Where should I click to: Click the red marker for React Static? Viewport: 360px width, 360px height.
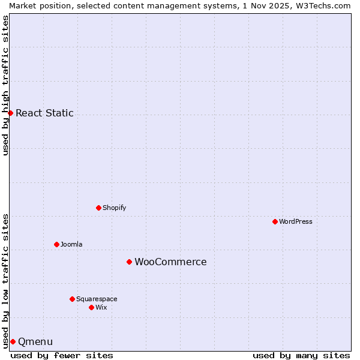10,113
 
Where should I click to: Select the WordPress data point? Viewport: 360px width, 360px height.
275,221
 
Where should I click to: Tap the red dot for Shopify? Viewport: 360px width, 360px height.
98,208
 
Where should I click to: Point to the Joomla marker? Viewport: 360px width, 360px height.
56,244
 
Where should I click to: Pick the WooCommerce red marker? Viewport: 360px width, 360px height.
129,262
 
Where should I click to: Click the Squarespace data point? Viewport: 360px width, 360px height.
72,299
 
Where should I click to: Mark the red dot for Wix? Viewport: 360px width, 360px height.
91,307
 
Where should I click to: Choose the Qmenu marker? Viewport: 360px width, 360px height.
13,341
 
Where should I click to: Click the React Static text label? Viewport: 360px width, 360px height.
44,113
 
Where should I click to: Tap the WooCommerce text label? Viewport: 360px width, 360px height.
170,262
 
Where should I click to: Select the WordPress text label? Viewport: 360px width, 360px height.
296,221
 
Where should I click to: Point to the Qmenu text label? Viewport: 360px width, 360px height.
35,341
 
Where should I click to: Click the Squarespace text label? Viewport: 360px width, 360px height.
97,299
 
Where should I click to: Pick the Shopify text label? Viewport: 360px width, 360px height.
114,208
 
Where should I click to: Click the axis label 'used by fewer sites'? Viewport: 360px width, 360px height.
62,355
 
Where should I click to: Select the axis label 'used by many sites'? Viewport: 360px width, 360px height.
301,355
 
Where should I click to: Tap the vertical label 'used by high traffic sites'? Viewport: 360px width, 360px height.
5,85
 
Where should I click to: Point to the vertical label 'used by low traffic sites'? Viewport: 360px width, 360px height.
5,280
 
